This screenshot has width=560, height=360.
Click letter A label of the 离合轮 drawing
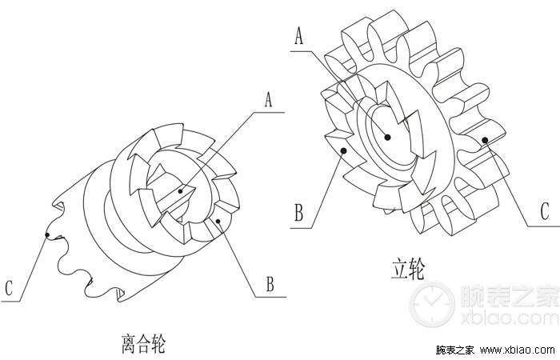coord(268,99)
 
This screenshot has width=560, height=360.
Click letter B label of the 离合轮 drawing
coord(270,284)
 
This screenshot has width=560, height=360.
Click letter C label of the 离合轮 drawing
coord(9,288)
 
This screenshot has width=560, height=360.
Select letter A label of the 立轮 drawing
coord(299,36)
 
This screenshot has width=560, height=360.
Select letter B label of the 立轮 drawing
coord(299,213)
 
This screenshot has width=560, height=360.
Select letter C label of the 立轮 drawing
coord(544,211)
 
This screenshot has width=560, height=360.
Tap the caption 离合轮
coord(144,343)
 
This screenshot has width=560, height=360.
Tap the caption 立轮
coord(408,270)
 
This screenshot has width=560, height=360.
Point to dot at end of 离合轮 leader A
coord(180,191)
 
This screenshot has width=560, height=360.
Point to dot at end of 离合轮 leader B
coord(218,222)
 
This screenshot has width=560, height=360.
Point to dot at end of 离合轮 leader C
coord(47,234)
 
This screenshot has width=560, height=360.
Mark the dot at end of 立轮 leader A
coord(387,137)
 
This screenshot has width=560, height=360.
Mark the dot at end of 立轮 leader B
coord(343,151)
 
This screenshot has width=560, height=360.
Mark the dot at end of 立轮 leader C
coord(485,140)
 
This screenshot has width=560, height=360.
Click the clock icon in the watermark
coord(432,304)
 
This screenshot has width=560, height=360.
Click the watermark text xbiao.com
coord(510,318)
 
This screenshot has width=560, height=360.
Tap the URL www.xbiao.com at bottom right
coord(517,350)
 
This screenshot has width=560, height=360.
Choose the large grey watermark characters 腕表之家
coord(510,296)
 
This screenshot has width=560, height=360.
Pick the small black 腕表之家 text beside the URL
coord(455,350)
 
